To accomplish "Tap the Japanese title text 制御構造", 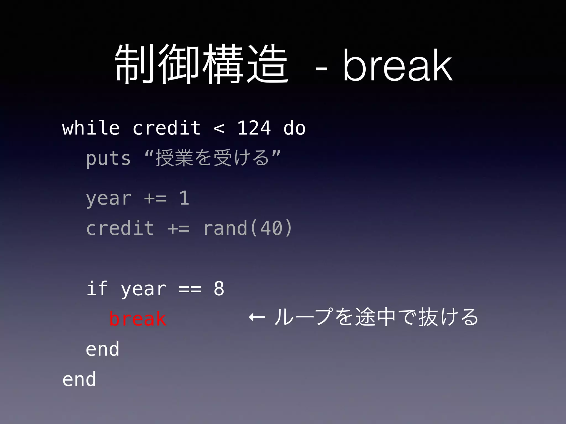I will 202,65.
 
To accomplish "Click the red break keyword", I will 138,319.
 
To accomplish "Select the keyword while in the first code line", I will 91,128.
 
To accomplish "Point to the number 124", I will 254,128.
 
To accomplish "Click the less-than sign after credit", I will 219,129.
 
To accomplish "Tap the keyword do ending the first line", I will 294,128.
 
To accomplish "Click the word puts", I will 108,159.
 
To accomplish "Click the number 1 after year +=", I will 184,198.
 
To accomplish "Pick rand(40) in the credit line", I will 248,228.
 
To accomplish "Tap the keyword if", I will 97,288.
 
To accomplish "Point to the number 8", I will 219,288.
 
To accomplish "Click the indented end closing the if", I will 103,349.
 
